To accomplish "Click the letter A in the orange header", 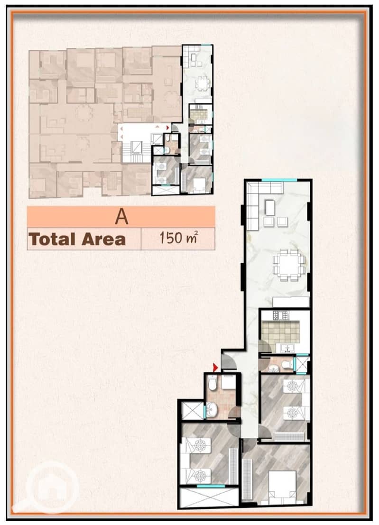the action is (121, 217).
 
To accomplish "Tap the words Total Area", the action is (77, 239).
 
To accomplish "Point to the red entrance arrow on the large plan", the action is (216, 368).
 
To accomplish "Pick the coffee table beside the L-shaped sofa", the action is (270, 208).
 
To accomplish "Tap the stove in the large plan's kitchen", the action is (280, 315).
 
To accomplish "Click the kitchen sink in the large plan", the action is (286, 348).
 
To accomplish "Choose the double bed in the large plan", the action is (283, 488).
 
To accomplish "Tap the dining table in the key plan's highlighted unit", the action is (203, 83).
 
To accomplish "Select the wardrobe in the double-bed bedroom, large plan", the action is (248, 479).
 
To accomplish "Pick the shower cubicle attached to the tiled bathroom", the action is (192, 410).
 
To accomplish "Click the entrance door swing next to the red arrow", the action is (230, 362).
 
